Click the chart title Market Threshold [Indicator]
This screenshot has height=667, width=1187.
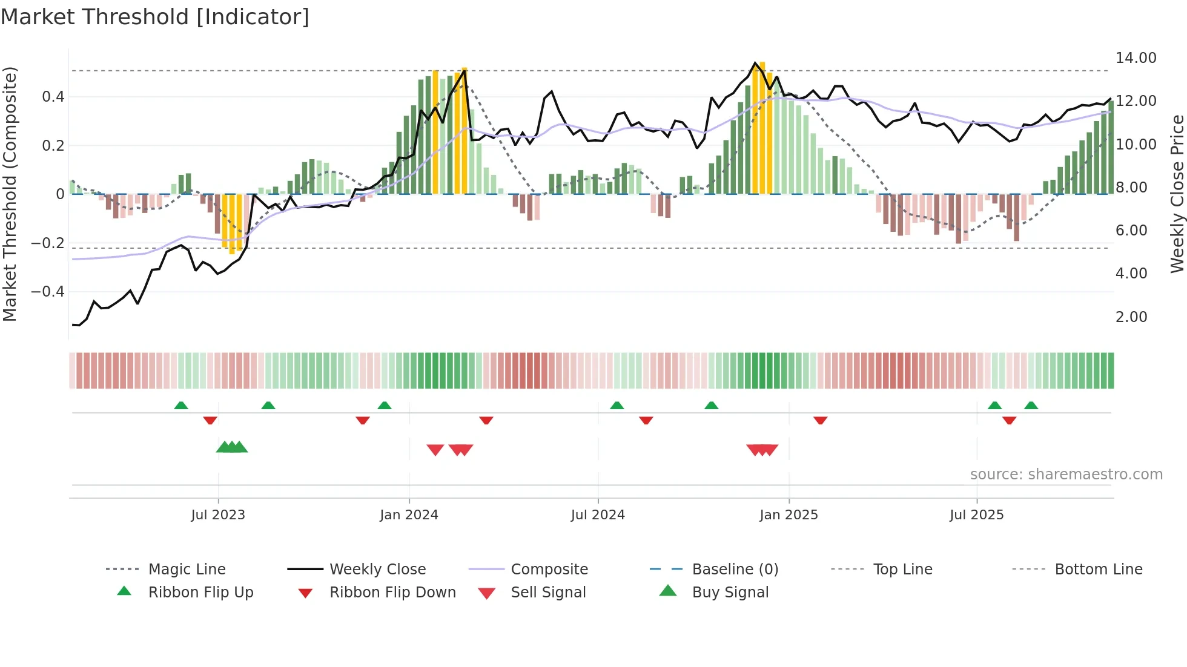pos(155,17)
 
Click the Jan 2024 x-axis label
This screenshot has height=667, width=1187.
pos(409,514)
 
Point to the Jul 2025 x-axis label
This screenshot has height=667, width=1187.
pos(976,514)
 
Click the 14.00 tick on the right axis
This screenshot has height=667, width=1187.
pos(1136,57)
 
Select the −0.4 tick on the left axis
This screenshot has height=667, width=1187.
pos(48,291)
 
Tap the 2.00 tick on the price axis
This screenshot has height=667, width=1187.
pos(1131,317)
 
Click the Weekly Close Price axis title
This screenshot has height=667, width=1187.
pos(1177,194)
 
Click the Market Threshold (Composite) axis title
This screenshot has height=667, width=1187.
pos(10,194)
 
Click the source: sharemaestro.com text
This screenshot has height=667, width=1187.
pos(1066,474)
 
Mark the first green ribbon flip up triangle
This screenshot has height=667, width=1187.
pos(181,405)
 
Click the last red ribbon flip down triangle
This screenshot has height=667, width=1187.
pos(1009,420)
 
